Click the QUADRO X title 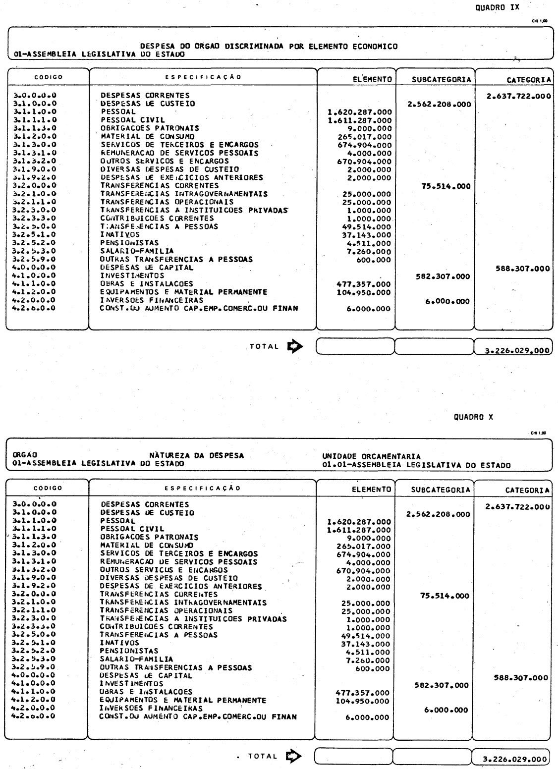[x=473, y=417]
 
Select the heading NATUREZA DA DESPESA [x=196, y=455]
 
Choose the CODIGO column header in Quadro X [x=48, y=488]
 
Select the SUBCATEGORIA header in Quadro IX [x=435, y=79]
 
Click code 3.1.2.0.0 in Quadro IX [x=35, y=136]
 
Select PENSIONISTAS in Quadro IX [x=129, y=243]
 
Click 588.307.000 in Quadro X [x=521, y=678]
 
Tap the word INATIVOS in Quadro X [x=119, y=643]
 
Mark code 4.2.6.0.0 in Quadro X [x=35, y=716]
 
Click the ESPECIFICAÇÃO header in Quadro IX [x=203, y=77]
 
